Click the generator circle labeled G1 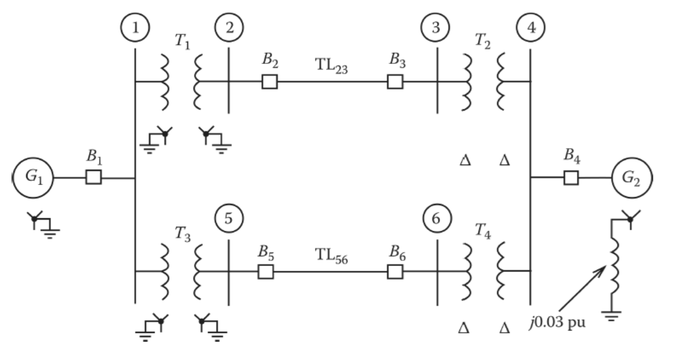33,178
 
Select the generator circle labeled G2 632,178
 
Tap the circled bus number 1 135,28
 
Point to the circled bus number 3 435,28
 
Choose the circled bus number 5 229,218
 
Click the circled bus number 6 437,219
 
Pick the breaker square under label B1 94,177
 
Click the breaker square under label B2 269,82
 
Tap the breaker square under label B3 395,82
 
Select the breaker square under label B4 571,178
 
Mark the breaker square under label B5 266,272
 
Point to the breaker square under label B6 395,272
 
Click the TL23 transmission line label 331,66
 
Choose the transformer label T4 483,231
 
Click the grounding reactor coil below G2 614,265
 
